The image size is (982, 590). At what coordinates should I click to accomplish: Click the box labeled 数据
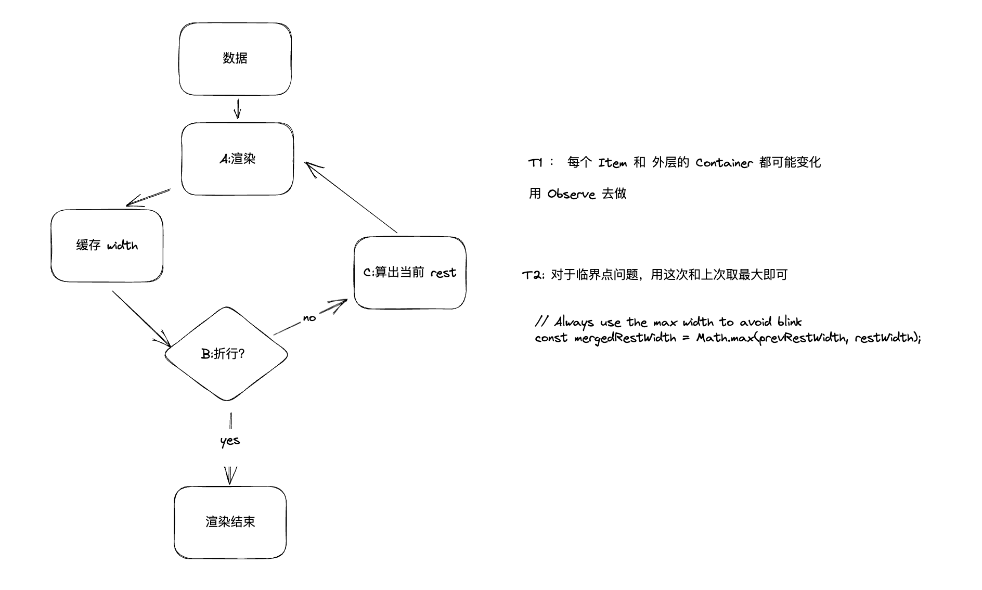click(235, 59)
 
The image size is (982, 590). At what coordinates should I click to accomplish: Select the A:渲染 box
click(237, 159)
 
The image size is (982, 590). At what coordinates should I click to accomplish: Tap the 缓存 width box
click(107, 246)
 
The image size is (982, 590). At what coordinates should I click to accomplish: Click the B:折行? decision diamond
click(226, 354)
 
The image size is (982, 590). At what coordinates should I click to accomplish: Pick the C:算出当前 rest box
click(410, 273)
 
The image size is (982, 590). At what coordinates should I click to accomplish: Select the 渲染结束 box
click(230, 522)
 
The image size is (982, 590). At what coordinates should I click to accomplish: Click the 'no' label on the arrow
click(309, 318)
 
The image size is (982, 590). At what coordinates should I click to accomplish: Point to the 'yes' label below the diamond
click(230, 441)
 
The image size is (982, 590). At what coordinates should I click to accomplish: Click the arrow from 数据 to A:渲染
click(238, 109)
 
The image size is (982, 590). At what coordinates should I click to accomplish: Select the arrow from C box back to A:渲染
click(352, 197)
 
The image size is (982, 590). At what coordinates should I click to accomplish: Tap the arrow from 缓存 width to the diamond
click(140, 317)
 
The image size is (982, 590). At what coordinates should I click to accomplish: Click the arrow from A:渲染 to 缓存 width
click(149, 197)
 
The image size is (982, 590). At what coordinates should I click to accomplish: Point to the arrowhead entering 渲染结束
click(230, 476)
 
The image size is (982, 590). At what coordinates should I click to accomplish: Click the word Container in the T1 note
click(724, 163)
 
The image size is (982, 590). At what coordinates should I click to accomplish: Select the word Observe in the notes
click(571, 194)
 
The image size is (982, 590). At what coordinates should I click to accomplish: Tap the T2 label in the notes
click(533, 275)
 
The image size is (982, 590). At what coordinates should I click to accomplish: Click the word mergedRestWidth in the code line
click(625, 338)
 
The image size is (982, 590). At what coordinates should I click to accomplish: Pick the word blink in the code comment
click(790, 322)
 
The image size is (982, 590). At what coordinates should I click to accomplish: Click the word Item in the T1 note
click(612, 163)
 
